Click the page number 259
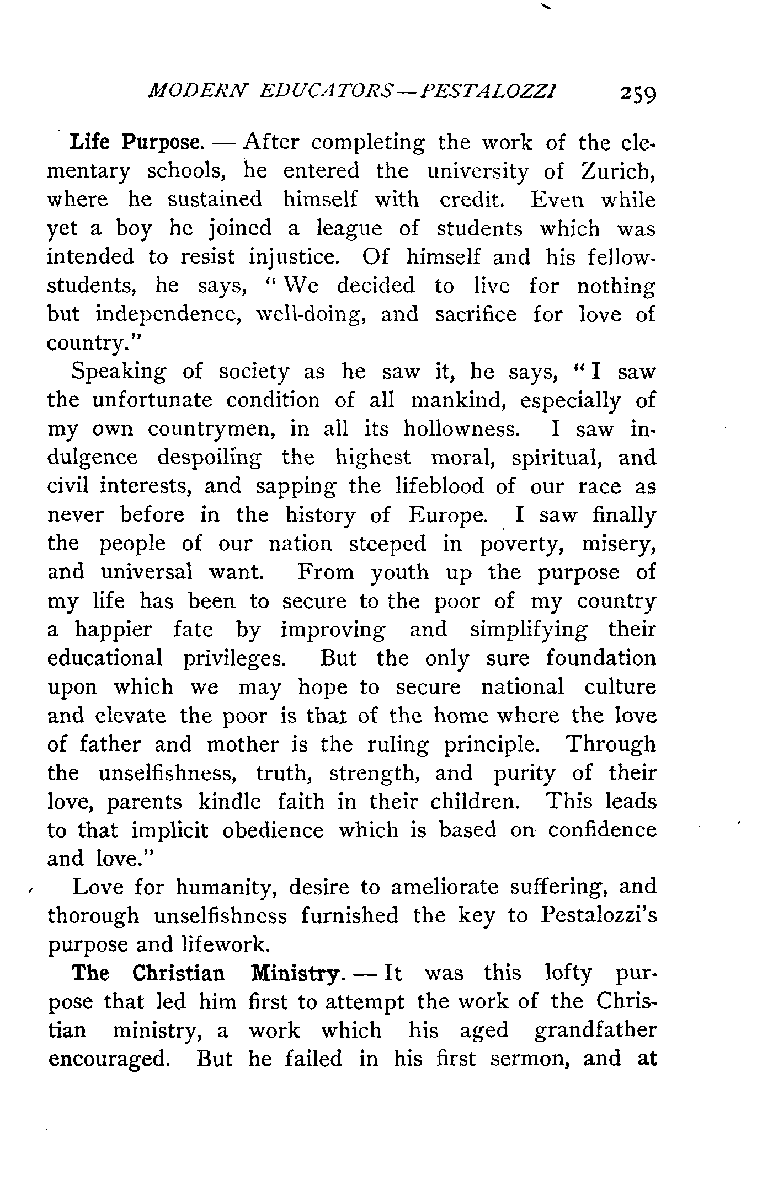[638, 93]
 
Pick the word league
[349, 229]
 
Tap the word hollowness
[462, 429]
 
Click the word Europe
[447, 515]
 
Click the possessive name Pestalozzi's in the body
[599, 916]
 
